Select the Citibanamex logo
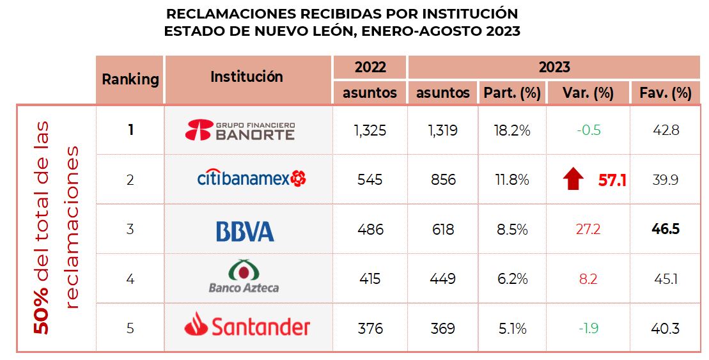point(251,178)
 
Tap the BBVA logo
point(245,230)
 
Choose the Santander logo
point(247,327)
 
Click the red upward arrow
point(574,180)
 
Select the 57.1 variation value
point(612,180)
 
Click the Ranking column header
point(130,79)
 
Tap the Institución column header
point(247,77)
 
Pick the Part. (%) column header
point(511,93)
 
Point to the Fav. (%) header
point(666,93)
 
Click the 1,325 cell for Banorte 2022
point(370,130)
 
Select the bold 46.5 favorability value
point(666,229)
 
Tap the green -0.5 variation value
point(588,130)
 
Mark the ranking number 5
point(130,329)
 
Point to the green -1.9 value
point(588,329)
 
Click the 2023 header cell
point(554,67)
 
